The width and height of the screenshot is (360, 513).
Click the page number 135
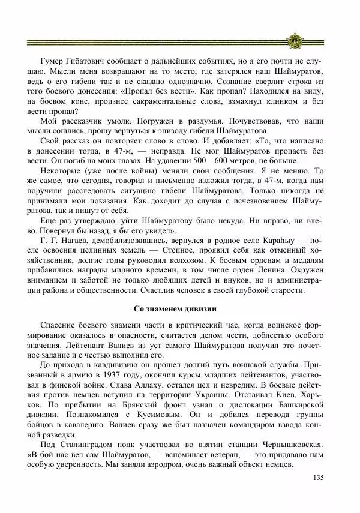(x=318, y=478)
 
